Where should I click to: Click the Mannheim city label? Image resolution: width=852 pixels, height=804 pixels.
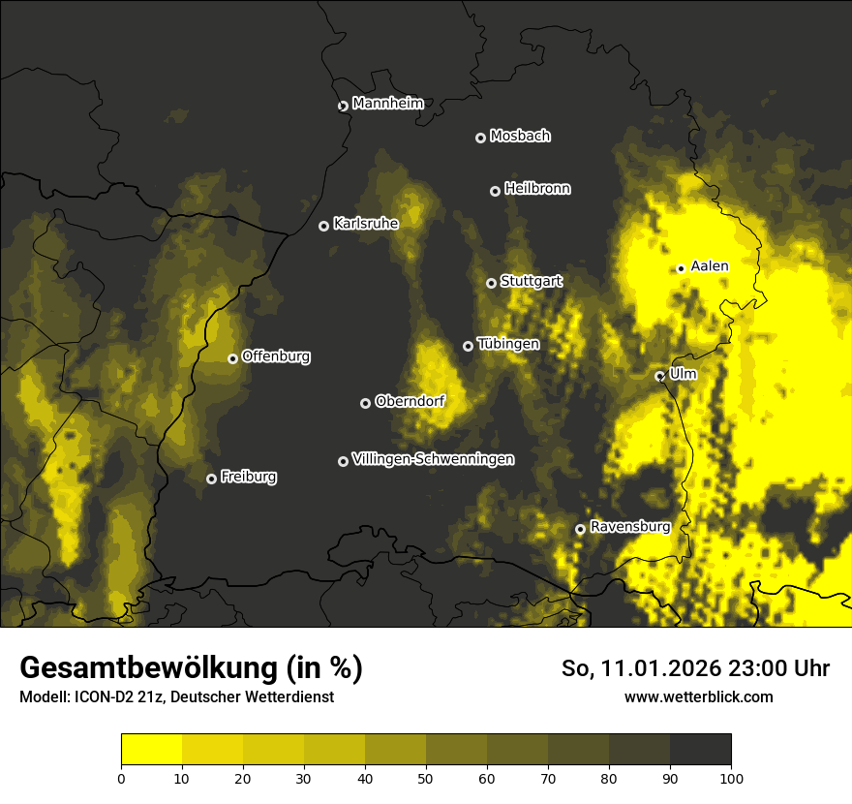(x=387, y=104)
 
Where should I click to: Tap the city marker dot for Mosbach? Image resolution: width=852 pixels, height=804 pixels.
(x=480, y=138)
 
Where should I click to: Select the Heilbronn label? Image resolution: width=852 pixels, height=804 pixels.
(x=537, y=189)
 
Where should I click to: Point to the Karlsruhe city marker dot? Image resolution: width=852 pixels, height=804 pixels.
(x=323, y=226)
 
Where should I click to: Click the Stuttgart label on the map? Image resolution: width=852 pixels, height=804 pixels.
(x=531, y=281)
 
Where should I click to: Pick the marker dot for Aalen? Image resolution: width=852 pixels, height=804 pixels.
(x=681, y=268)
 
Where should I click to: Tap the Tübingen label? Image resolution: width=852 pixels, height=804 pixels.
(x=508, y=344)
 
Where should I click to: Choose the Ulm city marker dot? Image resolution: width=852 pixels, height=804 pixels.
(x=659, y=376)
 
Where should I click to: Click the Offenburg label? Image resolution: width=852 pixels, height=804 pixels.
(x=276, y=356)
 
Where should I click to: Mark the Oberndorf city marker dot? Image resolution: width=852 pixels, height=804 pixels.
(x=365, y=403)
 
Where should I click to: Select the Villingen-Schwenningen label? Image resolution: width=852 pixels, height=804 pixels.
(x=433, y=459)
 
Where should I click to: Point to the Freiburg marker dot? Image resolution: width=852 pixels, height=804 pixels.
(x=211, y=479)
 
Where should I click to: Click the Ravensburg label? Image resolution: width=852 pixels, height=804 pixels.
(x=629, y=527)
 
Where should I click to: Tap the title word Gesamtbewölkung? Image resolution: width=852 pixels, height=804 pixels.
(x=149, y=668)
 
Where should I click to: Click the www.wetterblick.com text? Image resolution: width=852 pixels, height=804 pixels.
(x=698, y=696)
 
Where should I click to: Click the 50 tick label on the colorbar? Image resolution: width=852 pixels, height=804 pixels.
(x=426, y=777)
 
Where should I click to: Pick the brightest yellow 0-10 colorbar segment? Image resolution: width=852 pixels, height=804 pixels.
(x=152, y=750)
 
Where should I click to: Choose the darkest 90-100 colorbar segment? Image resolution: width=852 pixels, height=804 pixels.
(x=700, y=750)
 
